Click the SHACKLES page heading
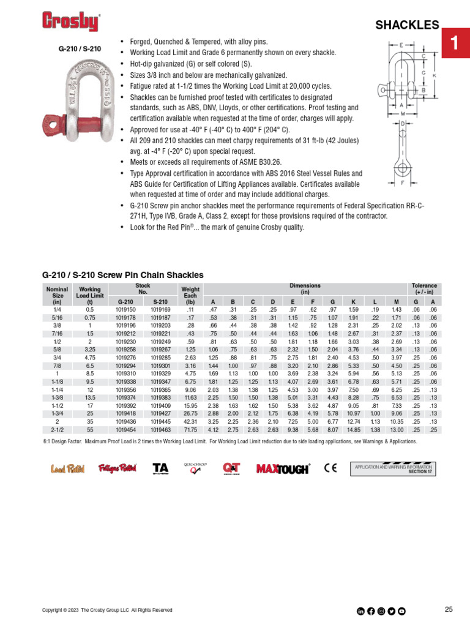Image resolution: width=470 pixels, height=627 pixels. [x=407, y=25]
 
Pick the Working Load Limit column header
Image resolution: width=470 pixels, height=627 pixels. [x=90, y=294]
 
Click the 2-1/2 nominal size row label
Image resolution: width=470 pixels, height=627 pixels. [x=58, y=430]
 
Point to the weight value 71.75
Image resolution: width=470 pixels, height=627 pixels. [x=190, y=430]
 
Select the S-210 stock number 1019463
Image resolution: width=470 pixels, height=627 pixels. [x=160, y=430]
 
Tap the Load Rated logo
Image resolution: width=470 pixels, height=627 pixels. [x=67, y=469]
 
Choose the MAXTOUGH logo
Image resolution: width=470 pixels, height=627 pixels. [x=283, y=469]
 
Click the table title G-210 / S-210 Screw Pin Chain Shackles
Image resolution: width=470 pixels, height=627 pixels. [x=122, y=275]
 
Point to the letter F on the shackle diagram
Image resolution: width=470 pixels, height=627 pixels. [x=402, y=182]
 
